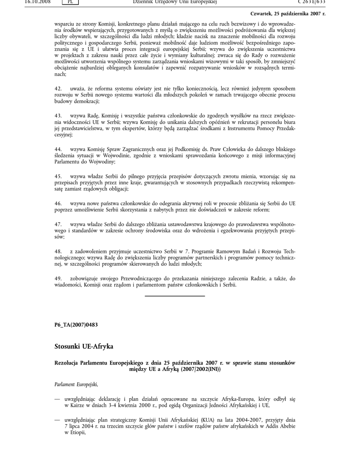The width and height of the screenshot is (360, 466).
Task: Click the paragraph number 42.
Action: [58, 88]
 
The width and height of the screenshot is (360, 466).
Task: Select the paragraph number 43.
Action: [58, 116]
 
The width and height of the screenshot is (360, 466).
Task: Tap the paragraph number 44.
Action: [58, 149]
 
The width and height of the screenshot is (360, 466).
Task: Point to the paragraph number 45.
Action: [58, 176]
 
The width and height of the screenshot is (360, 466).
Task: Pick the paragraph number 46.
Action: [58, 203]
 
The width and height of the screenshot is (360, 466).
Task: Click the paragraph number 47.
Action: [58, 224]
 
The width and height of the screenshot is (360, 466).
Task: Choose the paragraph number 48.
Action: [58, 251]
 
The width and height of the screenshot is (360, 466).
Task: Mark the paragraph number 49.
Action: [58, 278]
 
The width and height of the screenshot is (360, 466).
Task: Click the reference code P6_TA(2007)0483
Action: [76, 324]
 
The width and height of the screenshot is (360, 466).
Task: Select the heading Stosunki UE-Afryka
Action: [84, 347]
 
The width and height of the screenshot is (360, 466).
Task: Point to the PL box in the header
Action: [70, 2]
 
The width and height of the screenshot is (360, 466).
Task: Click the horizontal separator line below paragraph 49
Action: [175, 296]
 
